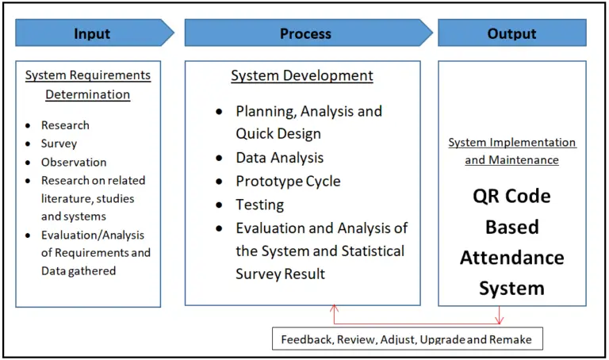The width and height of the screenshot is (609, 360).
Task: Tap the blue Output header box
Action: (x=511, y=33)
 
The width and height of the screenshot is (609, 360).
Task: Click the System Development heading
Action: (x=302, y=76)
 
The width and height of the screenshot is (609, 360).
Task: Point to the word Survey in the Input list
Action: (x=59, y=144)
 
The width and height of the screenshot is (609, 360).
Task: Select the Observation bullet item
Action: (x=74, y=162)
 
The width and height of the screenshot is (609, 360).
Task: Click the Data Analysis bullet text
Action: (x=279, y=158)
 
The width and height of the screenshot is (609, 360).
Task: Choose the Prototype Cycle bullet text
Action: (x=288, y=181)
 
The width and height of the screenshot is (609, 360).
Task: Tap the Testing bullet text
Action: (x=260, y=205)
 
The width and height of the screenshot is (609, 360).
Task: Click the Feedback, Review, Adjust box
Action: (x=408, y=339)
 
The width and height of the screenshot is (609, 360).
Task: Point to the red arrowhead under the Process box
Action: (x=335, y=308)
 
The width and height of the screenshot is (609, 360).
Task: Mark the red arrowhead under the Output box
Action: (x=500, y=321)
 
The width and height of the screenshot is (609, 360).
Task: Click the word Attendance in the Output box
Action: (x=511, y=258)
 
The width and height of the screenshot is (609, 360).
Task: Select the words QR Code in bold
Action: (x=511, y=196)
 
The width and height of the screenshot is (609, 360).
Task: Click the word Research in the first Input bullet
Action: (x=65, y=125)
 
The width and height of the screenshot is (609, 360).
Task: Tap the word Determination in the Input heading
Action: (x=87, y=94)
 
